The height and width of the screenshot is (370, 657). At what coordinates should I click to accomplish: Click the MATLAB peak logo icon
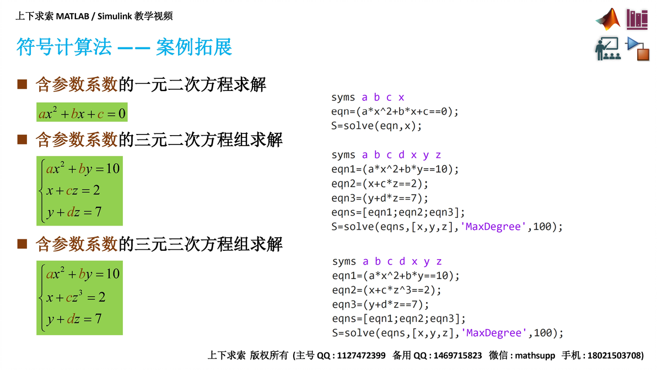click(x=608, y=19)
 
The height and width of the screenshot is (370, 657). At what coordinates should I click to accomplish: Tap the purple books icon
click(x=637, y=19)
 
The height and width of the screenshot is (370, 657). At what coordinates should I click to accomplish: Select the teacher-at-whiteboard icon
click(x=608, y=49)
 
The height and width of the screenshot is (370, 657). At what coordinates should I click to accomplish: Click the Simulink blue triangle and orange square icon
click(x=637, y=49)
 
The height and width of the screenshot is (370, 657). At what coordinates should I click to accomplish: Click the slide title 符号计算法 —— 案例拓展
click(x=124, y=46)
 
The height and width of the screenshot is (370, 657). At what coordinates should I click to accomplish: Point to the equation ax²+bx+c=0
click(x=82, y=112)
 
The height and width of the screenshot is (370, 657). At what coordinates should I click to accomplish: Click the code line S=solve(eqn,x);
click(x=376, y=126)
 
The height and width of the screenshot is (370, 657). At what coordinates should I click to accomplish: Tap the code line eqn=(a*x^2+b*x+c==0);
click(x=395, y=111)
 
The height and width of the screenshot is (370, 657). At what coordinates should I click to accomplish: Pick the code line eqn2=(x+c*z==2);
click(x=380, y=184)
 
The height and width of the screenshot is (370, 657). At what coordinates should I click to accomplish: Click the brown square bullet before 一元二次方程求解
click(x=22, y=84)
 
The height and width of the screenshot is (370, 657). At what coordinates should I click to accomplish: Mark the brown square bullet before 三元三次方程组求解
click(x=22, y=244)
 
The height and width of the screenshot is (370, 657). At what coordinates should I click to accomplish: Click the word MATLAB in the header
click(x=73, y=17)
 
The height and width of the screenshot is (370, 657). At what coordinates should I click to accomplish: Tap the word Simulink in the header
click(x=115, y=17)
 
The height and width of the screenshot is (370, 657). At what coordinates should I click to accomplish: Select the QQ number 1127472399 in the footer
click(x=361, y=356)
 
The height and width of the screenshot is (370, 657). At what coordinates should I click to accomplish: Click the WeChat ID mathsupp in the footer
click(x=535, y=356)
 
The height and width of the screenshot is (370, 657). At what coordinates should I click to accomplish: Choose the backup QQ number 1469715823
click(x=457, y=356)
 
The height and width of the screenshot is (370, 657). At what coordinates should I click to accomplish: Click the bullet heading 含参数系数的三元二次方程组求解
click(x=159, y=140)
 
